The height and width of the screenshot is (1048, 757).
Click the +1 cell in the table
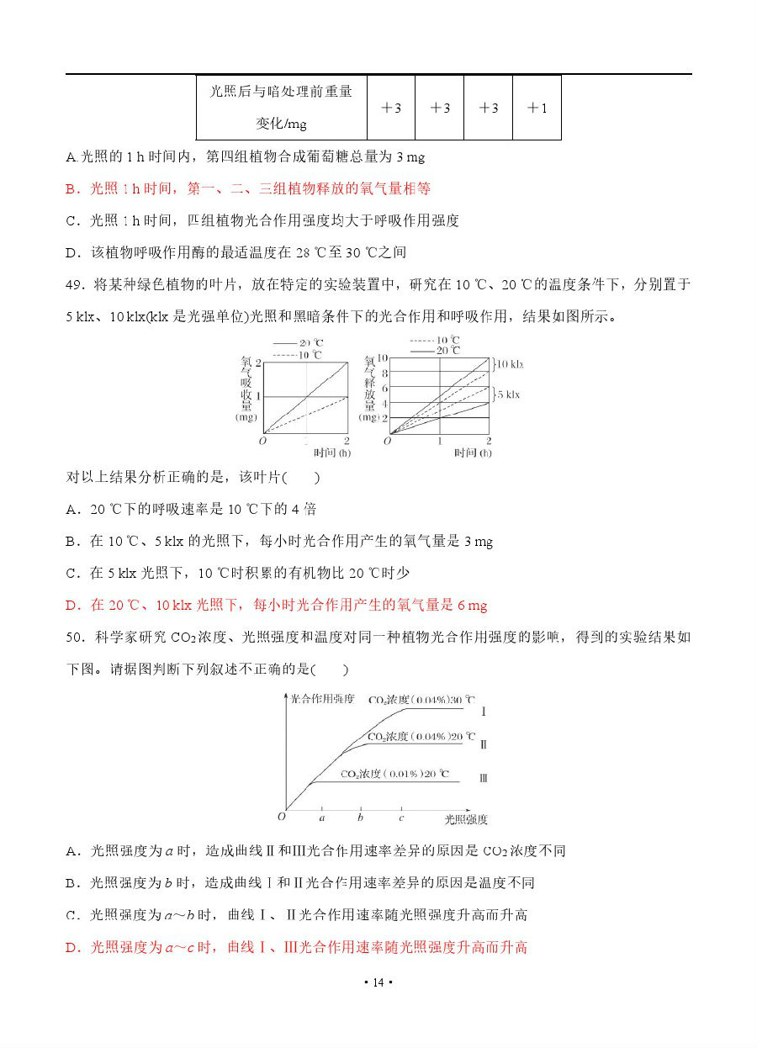click(x=537, y=108)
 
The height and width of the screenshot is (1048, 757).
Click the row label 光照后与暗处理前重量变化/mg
click(x=281, y=108)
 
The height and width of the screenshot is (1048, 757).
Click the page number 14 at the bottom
click(x=378, y=982)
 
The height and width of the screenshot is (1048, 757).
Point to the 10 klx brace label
click(x=510, y=364)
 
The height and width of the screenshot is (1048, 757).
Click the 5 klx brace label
click(x=507, y=394)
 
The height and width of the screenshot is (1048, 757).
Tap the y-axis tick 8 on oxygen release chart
click(x=385, y=373)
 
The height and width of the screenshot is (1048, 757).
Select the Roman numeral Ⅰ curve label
click(x=484, y=712)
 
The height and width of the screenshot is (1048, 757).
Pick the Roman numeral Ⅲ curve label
click(x=484, y=778)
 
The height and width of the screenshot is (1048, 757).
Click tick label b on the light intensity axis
click(x=361, y=818)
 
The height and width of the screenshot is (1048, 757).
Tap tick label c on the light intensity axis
click(x=401, y=818)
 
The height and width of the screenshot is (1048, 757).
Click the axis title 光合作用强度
click(x=322, y=699)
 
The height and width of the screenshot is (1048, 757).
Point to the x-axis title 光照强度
click(x=465, y=818)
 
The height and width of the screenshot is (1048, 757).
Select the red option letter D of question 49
click(x=71, y=605)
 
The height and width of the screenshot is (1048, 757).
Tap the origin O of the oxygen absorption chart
click(x=262, y=440)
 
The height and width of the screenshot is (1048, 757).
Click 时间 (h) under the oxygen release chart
click(x=472, y=453)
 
